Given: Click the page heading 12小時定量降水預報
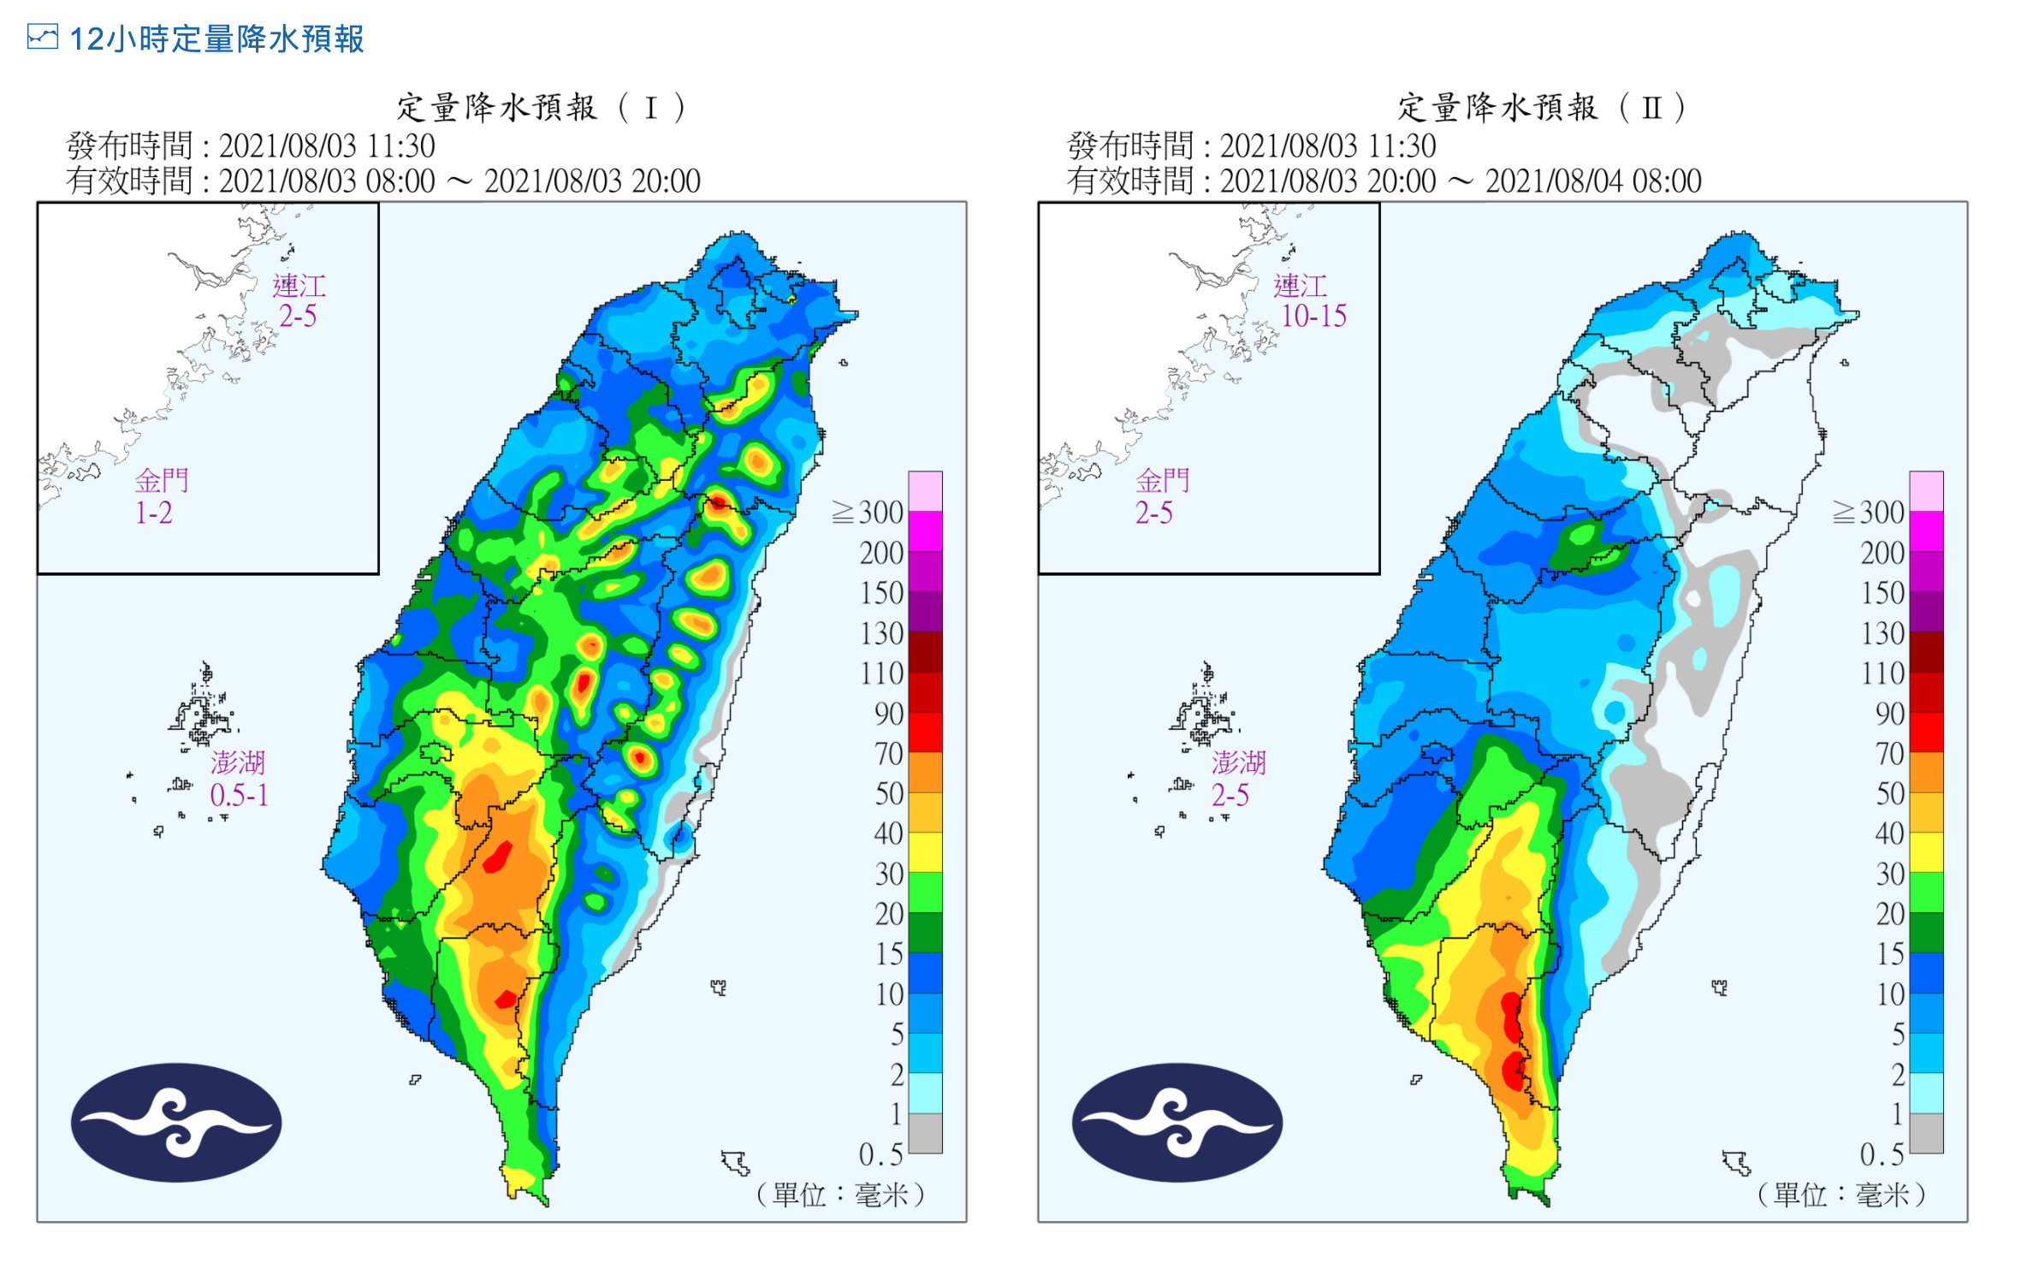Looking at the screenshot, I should [216, 39].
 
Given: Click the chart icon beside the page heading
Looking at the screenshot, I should [42, 38].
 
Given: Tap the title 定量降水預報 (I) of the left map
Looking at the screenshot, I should [541, 108].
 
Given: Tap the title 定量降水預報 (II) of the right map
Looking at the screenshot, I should [1542, 108].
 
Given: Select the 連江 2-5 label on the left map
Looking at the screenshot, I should [299, 300].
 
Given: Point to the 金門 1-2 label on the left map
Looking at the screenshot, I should [160, 496].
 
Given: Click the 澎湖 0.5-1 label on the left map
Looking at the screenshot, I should [239, 779].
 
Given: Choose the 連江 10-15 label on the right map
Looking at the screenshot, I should [1311, 300].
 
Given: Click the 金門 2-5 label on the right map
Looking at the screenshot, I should [1161, 496].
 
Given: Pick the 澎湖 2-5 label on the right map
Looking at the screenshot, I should [1238, 779].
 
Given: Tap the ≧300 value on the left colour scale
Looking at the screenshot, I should [868, 512].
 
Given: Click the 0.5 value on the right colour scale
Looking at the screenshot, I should [1882, 1154].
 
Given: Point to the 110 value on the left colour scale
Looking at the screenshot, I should [881, 673].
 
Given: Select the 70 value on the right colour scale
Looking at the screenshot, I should [1889, 753].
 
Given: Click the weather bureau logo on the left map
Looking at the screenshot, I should [176, 1122].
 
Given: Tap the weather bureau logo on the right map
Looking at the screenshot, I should [1177, 1122].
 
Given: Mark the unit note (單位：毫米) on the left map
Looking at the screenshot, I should [840, 1194].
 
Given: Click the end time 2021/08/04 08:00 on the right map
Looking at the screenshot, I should [1593, 181].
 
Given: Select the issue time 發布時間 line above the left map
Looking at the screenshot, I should [251, 146].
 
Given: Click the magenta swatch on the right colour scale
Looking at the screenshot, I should [1926, 531].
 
